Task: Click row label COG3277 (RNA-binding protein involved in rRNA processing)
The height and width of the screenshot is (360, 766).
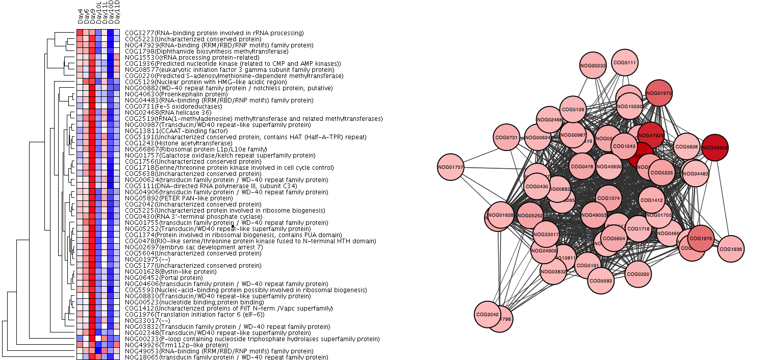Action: (214, 33)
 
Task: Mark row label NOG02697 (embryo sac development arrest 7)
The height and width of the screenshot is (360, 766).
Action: (193, 247)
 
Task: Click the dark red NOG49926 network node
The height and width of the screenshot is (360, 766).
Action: (715, 148)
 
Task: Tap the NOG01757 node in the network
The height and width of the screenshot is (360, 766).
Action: (451, 167)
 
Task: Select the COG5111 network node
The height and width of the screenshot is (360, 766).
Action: (625, 63)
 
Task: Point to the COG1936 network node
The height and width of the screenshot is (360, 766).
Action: (730, 249)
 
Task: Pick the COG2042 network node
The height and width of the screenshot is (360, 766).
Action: (487, 314)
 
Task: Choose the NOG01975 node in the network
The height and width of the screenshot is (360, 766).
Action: (659, 93)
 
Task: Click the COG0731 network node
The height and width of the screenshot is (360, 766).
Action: (506, 138)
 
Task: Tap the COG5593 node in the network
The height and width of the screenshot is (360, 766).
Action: (600, 280)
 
